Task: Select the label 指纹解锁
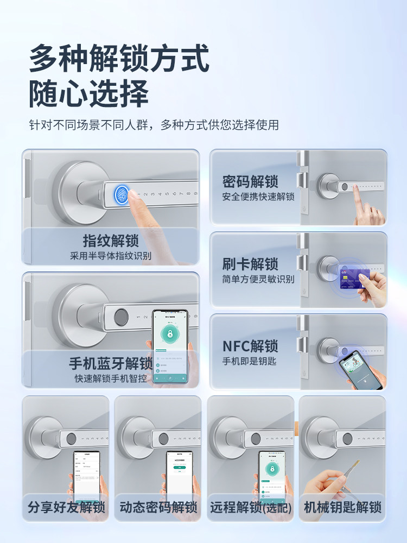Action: click(x=111, y=241)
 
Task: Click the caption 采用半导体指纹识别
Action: click(x=111, y=256)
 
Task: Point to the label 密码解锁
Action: click(x=250, y=181)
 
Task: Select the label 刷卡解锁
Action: click(x=250, y=264)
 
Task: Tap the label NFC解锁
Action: click(x=250, y=346)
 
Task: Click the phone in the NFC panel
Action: click(x=361, y=369)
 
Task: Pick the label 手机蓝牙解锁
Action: click(x=111, y=363)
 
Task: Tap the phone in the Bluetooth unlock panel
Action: click(x=170, y=346)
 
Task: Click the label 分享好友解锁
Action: click(x=66, y=508)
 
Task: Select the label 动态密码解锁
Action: click(x=158, y=508)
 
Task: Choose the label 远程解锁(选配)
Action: click(x=251, y=508)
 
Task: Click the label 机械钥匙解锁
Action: click(x=342, y=508)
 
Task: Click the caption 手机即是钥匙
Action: click(x=250, y=361)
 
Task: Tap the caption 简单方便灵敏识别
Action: click(x=258, y=279)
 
